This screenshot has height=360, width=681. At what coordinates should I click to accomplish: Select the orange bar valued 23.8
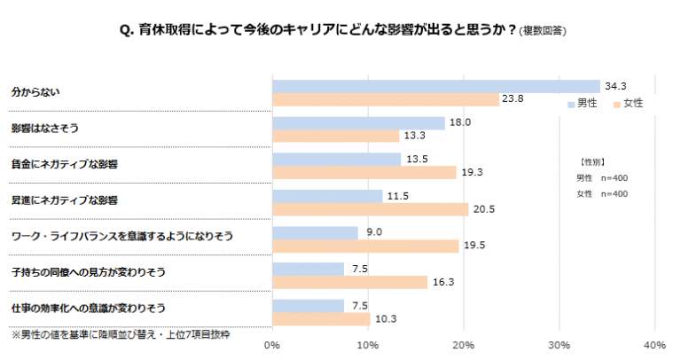tap(386, 99)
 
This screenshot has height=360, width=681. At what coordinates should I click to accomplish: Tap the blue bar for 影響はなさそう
tap(358, 122)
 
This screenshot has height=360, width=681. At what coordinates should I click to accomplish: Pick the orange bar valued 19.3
tap(364, 172)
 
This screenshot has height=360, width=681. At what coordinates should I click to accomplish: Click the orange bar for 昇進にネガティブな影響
tap(370, 209)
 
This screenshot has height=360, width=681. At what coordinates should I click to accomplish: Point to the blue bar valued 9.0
tap(315, 232)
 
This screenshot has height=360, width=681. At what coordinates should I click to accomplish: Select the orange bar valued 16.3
tap(350, 282)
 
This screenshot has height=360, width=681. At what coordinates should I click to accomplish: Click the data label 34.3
tap(615, 86)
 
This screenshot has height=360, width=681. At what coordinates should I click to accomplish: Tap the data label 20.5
tap(483, 209)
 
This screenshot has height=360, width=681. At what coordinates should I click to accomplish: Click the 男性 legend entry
tap(583, 104)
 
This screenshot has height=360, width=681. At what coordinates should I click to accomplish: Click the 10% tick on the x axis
tap(368, 344)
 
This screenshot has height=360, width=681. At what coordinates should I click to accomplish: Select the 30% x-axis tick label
tap(559, 344)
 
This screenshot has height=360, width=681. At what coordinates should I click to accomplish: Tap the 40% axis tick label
tap(654, 344)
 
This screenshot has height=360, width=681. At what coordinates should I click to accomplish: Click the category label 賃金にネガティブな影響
tap(64, 165)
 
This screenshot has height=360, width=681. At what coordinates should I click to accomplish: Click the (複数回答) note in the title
tap(544, 31)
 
